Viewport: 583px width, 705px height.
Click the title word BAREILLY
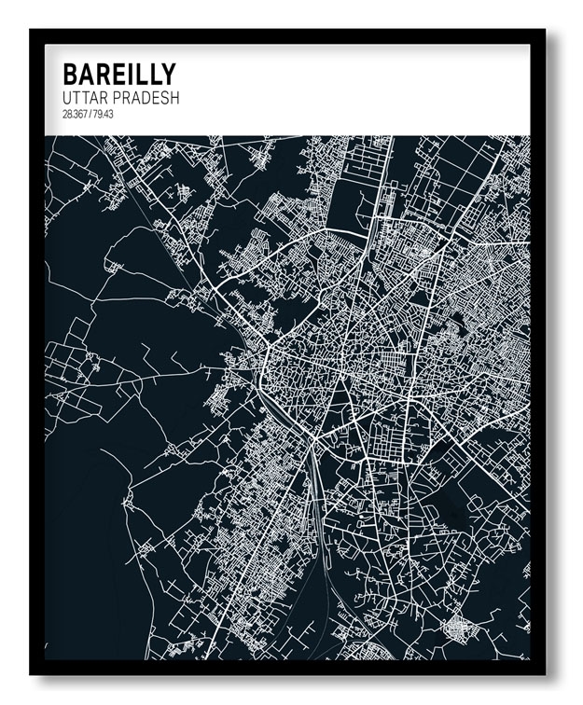[x=118, y=75]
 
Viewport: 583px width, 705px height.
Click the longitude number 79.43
[x=102, y=115]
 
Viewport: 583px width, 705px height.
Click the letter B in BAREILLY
[x=70, y=75]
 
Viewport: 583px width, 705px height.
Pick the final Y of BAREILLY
[x=166, y=75]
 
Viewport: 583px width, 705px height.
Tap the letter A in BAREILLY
[x=87, y=75]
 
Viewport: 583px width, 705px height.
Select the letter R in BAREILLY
[x=104, y=75]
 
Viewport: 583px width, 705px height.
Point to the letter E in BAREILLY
[x=118, y=75]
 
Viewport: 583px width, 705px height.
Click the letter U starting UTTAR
[x=67, y=98]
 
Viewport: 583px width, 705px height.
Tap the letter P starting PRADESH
[x=119, y=98]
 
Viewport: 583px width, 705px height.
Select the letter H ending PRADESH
[x=174, y=98]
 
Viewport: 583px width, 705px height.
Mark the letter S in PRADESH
[x=164, y=98]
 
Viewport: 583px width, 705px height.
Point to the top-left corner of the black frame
[x=31, y=30]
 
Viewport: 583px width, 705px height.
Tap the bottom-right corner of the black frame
[x=546, y=673]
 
